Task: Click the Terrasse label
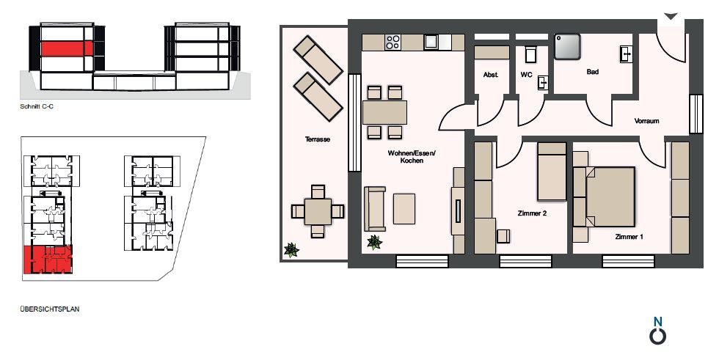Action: (x=318, y=139)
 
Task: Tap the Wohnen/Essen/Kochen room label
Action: (x=412, y=157)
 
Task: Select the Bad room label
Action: (x=593, y=72)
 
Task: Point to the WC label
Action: (x=526, y=75)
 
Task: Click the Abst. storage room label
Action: (x=491, y=75)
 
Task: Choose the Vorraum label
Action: (x=646, y=121)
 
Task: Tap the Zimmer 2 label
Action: (x=532, y=213)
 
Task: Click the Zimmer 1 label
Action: (x=629, y=237)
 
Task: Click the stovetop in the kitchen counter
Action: (x=393, y=42)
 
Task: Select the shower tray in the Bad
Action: (x=567, y=47)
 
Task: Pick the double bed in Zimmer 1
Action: (x=605, y=196)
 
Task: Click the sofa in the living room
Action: (x=375, y=209)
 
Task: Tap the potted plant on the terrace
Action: (x=291, y=250)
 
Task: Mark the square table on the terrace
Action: (x=318, y=211)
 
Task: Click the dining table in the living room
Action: (x=384, y=112)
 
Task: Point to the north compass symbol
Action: (x=658, y=331)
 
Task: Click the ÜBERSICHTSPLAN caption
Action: (x=50, y=309)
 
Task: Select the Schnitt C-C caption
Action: (x=37, y=107)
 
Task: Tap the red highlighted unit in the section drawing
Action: (x=67, y=48)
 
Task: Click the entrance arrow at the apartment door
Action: (x=671, y=16)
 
